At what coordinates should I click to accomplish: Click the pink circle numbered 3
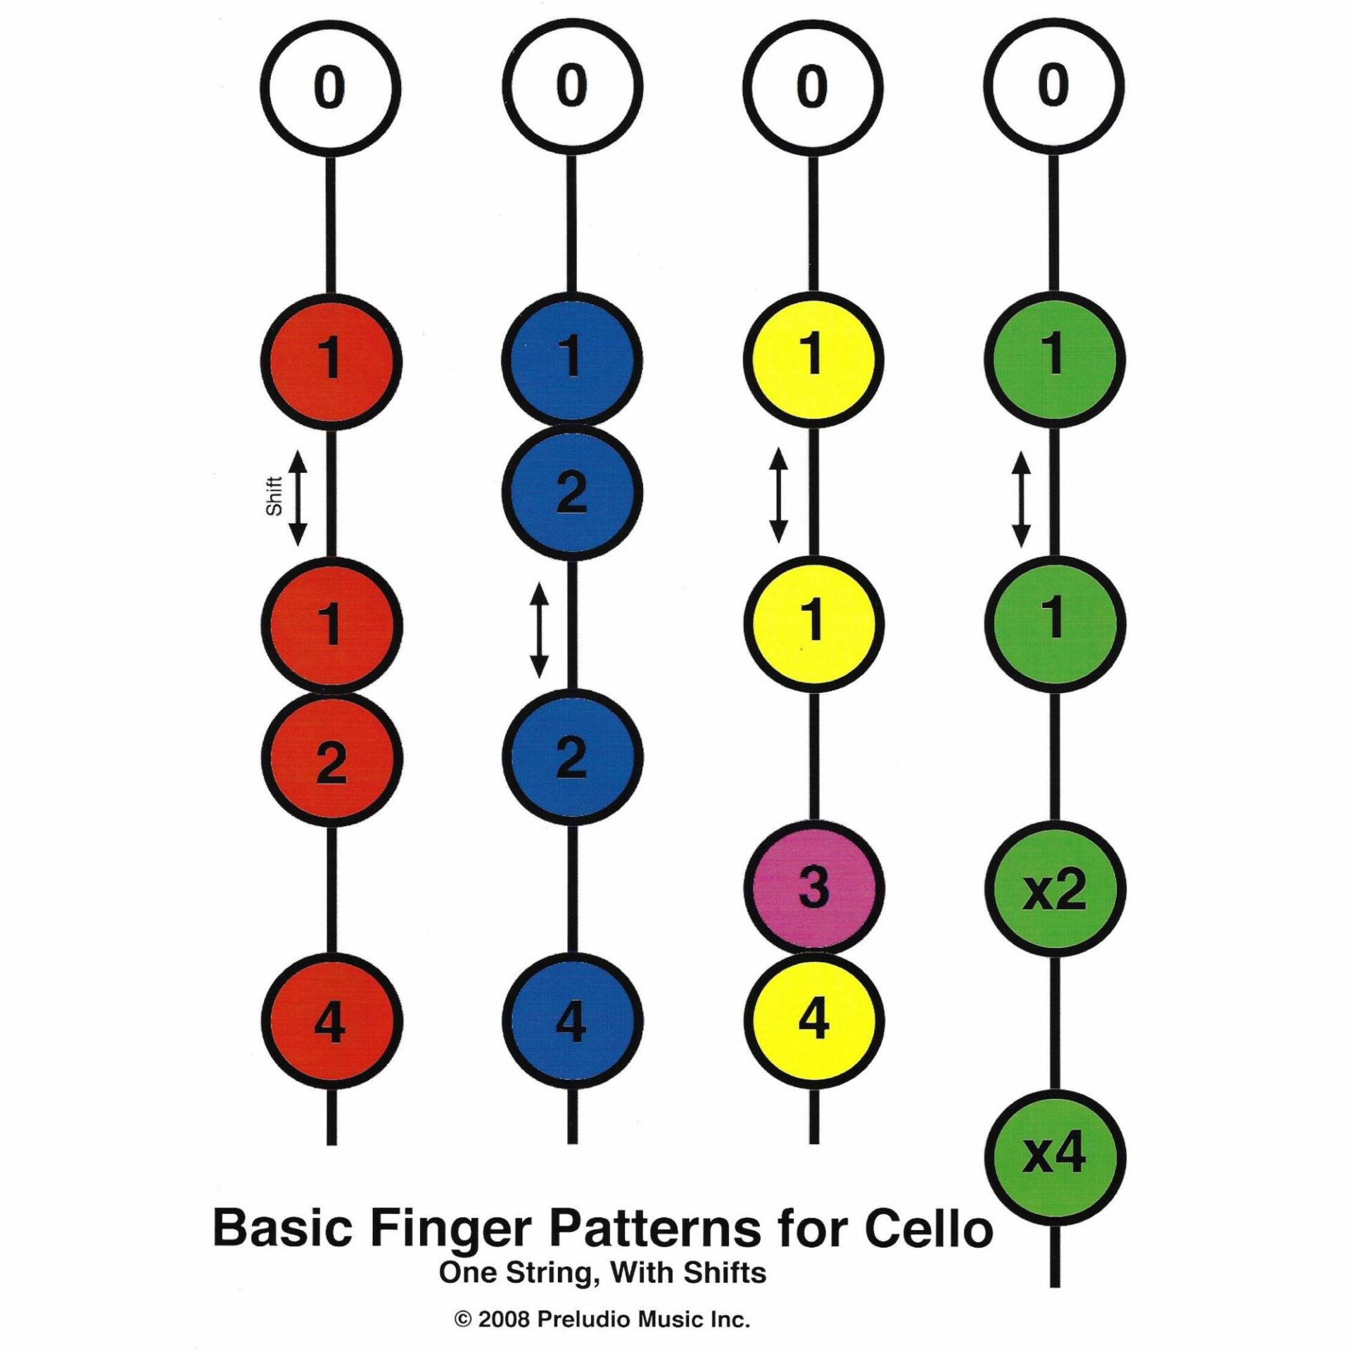coord(813,889)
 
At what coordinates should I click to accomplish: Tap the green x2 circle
coord(1054,890)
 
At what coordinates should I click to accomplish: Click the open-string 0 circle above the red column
coord(331,89)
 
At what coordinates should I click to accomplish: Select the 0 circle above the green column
coord(1054,89)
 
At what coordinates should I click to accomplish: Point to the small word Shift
coord(274,496)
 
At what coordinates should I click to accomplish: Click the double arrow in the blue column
coord(539,630)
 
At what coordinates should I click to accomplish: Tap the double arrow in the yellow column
coord(778,495)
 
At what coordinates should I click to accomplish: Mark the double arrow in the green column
coord(1021,500)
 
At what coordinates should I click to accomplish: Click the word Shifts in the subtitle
coord(731,1272)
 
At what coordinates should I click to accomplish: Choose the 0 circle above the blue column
coord(571,89)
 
